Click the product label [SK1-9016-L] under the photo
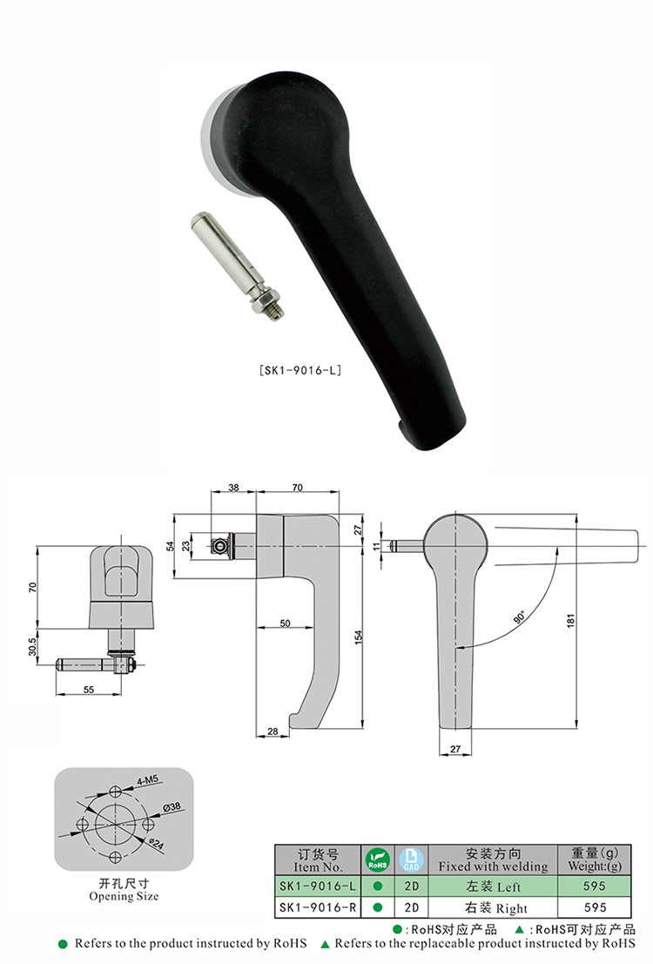click(300, 370)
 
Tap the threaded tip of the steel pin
click(278, 311)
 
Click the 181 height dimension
click(570, 620)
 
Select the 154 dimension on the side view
click(359, 637)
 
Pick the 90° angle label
click(520, 617)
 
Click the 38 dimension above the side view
click(233, 488)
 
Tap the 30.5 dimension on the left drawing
click(32, 646)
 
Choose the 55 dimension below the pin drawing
click(89, 690)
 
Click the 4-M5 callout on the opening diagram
click(147, 780)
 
